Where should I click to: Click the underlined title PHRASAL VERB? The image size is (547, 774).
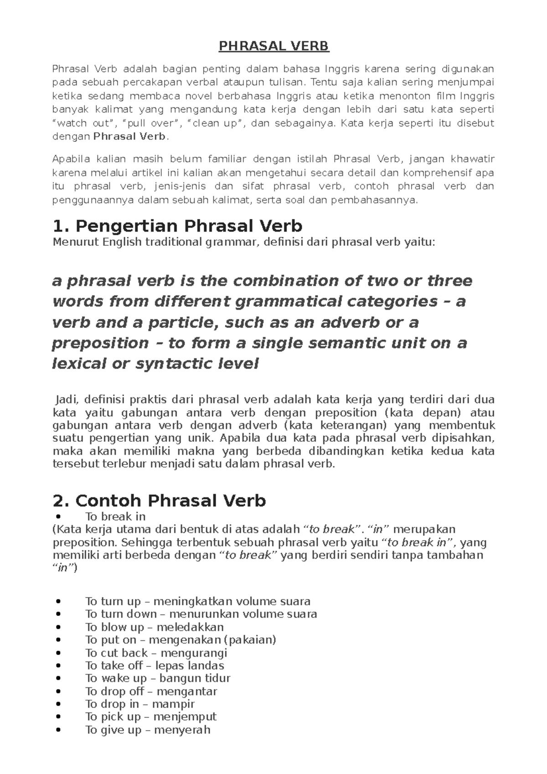273,46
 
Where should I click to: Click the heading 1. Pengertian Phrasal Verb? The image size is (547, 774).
178,226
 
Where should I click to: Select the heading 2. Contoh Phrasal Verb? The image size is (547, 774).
160,501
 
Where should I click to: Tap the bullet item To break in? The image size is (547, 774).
115,516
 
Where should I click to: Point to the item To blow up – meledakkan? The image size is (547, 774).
155,627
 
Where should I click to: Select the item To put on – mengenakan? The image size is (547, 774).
181,640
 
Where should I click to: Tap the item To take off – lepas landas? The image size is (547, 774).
155,666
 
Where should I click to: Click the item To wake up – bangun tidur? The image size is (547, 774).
158,678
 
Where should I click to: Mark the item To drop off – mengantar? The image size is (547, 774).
151,691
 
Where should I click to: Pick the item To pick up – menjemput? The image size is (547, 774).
150,717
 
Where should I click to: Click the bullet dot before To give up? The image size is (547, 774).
57,730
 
